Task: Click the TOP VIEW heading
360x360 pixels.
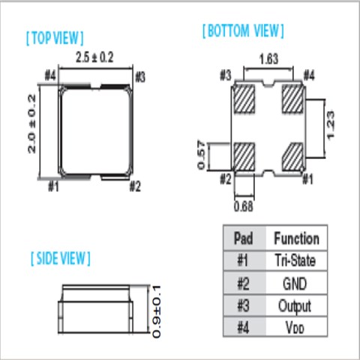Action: [x=55, y=38]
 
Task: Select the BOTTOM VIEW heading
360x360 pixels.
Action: [x=243, y=31]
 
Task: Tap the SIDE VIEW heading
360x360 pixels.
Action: [x=61, y=259]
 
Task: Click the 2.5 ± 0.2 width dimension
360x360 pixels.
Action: [x=94, y=57]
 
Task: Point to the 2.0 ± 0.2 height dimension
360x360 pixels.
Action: [x=32, y=124]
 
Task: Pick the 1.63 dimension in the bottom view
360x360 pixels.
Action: [x=268, y=59]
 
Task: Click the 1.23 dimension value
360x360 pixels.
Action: [x=330, y=125]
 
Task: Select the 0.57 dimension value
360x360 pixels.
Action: [x=201, y=155]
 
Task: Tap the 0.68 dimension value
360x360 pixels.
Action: [x=243, y=206]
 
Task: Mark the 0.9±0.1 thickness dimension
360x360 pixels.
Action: [x=157, y=311]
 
